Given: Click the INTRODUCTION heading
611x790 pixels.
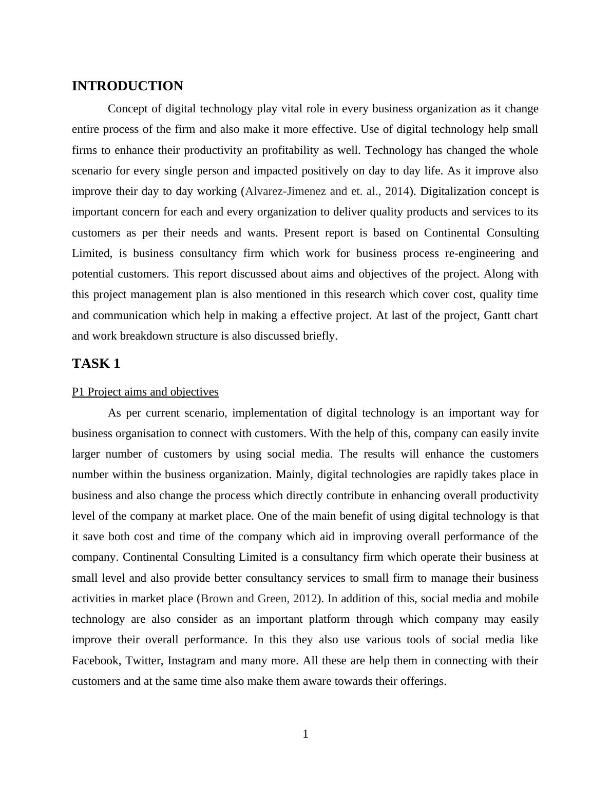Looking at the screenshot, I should click(127, 86).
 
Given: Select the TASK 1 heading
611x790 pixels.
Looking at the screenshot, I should click(96, 364).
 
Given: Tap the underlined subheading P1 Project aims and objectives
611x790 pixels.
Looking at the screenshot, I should click(145, 392).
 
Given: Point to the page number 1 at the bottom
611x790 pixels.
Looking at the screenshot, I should click(305, 734).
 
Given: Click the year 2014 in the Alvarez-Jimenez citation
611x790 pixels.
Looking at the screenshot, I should click(396, 191).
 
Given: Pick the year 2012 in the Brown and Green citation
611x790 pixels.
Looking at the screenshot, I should click(305, 599).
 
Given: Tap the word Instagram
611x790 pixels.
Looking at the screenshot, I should click(191, 660).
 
